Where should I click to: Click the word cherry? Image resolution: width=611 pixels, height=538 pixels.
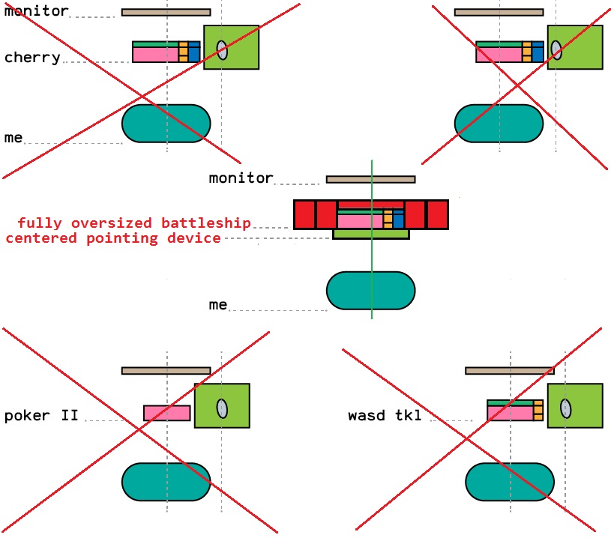32,58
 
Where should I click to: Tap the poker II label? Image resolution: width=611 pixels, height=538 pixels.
41,415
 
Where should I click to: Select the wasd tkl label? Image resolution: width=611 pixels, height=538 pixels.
385,415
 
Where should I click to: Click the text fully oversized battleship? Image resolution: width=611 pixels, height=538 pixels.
134,223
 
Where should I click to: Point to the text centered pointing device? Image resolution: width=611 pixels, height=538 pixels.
113,238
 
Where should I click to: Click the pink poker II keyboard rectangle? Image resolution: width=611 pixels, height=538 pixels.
167,413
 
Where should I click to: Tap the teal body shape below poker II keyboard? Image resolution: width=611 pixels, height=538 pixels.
166,482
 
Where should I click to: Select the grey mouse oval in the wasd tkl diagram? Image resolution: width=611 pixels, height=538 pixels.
566,408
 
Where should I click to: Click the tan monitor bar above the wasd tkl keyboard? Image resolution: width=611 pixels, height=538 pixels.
510,370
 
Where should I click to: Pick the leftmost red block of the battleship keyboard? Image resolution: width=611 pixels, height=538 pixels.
304,214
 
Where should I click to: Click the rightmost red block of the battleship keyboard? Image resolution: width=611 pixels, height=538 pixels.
437,214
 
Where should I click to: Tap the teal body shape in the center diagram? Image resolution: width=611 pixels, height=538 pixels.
370,291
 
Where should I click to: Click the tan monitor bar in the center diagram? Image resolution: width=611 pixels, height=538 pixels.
370,180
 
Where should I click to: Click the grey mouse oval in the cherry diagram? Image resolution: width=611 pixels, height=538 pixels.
223,49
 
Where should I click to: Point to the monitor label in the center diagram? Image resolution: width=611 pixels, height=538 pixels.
241,178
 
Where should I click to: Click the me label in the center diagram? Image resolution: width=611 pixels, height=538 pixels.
218,305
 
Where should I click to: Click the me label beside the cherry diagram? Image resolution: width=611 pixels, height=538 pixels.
13,138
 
